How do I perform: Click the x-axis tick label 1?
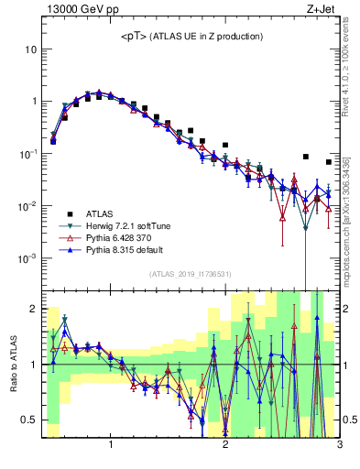(x=111, y=444)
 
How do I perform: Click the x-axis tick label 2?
(x=225, y=444)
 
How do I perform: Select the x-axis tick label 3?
(x=339, y=444)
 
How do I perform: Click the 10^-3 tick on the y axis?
(x=27, y=258)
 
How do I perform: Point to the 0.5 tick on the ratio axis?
(x=30, y=420)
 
